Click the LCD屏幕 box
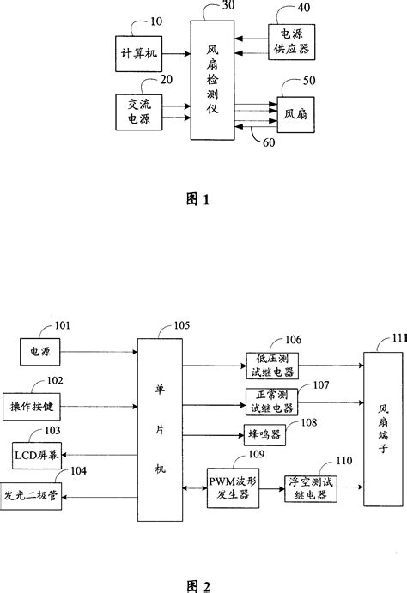point(37,452)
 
